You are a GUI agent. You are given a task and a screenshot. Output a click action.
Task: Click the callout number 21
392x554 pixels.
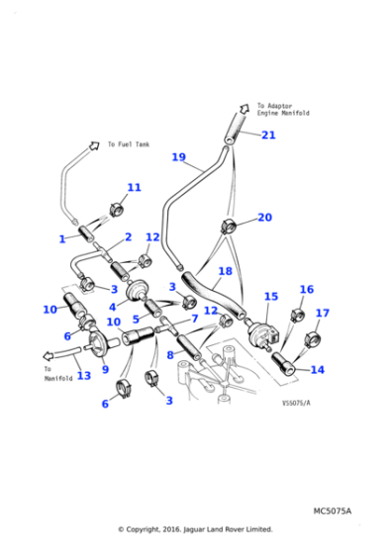(268, 135)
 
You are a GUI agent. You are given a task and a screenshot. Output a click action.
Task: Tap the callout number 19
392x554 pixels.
(178, 157)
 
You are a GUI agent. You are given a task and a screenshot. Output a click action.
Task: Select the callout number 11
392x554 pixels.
(134, 187)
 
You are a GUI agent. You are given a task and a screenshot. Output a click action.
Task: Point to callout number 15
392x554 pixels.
(271, 297)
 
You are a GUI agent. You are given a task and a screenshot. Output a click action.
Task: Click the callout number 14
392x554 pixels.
(317, 370)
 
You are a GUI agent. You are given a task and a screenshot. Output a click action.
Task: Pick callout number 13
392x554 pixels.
(84, 375)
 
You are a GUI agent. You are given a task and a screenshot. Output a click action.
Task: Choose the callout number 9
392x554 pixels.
(105, 370)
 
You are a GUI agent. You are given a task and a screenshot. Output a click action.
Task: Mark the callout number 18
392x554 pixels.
(225, 271)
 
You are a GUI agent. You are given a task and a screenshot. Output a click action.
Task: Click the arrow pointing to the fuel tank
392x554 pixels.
(94, 145)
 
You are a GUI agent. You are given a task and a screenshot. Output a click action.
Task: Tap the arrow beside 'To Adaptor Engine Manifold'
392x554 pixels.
(244, 108)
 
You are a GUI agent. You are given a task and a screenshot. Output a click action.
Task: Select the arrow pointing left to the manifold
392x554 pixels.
(49, 356)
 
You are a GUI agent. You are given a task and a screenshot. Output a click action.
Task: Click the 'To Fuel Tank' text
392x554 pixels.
(129, 144)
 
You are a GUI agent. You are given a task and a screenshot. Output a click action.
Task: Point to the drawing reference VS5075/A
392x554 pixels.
(296, 403)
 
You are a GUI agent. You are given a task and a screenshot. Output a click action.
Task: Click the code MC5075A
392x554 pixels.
(333, 510)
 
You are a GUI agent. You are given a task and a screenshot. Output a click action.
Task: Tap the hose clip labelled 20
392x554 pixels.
(228, 227)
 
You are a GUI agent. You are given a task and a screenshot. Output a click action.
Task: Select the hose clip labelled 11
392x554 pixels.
(116, 209)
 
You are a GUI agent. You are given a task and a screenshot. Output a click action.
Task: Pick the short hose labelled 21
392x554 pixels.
(234, 128)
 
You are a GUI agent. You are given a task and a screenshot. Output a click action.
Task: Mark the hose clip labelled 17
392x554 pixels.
(313, 339)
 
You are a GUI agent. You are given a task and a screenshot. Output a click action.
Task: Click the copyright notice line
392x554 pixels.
(195, 529)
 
